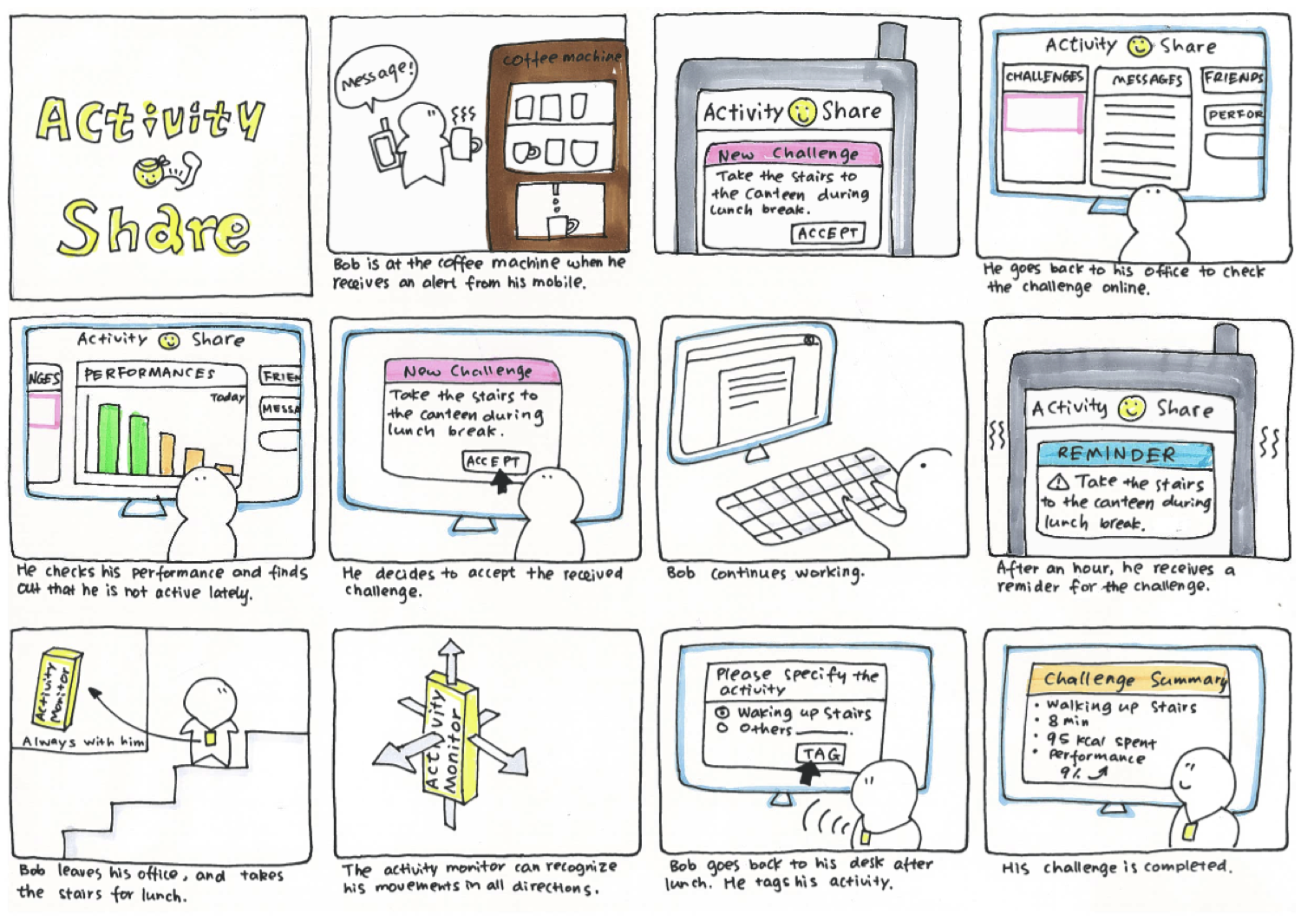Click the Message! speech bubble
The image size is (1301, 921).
[376, 76]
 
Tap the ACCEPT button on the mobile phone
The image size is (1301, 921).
[827, 233]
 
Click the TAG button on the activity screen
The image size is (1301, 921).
[820, 754]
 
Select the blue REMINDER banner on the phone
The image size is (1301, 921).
[1124, 454]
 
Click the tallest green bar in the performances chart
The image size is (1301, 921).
[109, 438]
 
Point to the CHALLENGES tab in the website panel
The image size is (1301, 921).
[1044, 76]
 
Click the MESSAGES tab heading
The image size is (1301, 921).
[1147, 80]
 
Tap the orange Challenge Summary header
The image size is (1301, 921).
[1129, 679]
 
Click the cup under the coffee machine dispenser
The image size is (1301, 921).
[560, 227]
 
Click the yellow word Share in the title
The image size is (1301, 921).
[154, 227]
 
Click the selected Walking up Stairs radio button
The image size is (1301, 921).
[722, 713]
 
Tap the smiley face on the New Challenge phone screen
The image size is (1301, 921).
[802, 111]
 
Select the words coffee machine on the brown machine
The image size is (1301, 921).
[562, 57]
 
